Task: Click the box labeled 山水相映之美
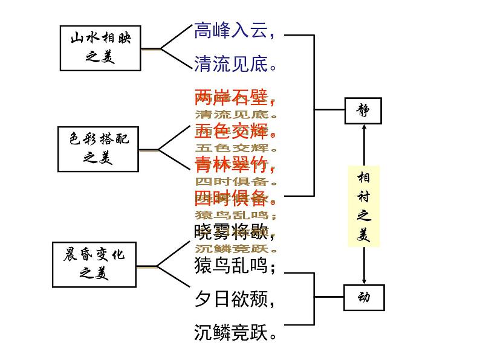pos(100,48)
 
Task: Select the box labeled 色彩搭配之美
pos(98,149)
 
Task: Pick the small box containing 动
pos(363,297)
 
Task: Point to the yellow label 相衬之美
pos(363,206)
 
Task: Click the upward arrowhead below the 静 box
pos(364,127)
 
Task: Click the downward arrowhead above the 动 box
pos(364,280)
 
